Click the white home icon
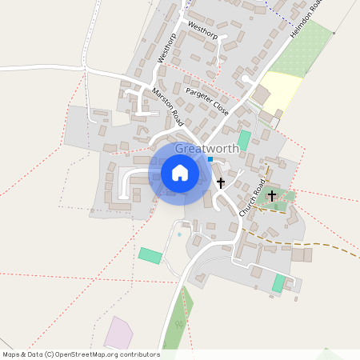click(179, 173)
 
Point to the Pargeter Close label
click(207, 102)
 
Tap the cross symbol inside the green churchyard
click(272, 195)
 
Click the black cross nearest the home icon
click(221, 183)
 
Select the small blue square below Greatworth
click(210, 159)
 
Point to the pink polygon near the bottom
click(121, 332)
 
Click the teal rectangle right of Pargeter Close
click(244, 139)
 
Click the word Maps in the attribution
click(12, 354)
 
